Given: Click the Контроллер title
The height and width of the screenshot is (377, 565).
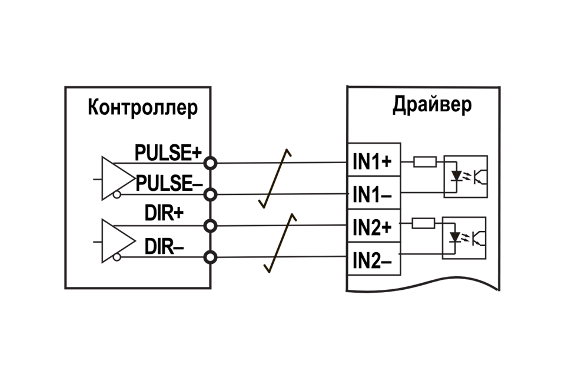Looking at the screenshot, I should (x=142, y=109).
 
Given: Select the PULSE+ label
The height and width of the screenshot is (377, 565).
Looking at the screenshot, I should (x=168, y=153).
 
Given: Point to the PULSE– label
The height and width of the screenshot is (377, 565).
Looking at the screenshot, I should (x=170, y=184).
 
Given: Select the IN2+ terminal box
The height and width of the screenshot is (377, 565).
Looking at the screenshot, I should (x=374, y=226).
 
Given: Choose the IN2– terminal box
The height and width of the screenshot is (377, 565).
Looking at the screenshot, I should (x=374, y=258).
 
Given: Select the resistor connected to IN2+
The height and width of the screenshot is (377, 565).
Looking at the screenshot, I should (x=424, y=223).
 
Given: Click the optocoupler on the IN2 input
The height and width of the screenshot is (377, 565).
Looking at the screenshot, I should (x=465, y=237).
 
